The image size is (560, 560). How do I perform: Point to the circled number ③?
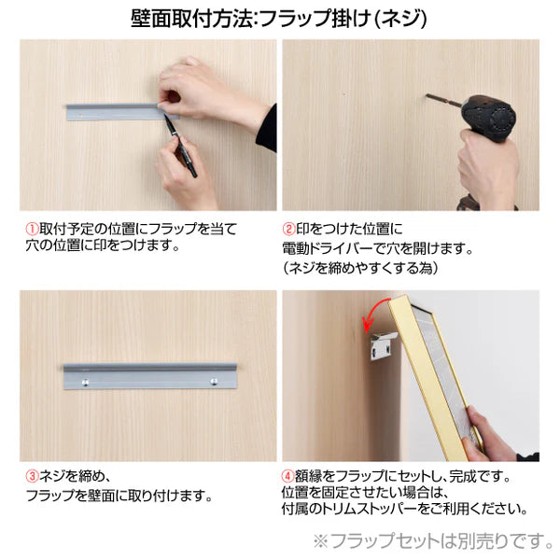[x=31, y=476]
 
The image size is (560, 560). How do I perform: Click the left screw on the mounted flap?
[x=85, y=382]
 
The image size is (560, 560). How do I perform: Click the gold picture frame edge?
[x=439, y=373]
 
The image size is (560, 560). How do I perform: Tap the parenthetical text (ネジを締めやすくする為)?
[x=359, y=268]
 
